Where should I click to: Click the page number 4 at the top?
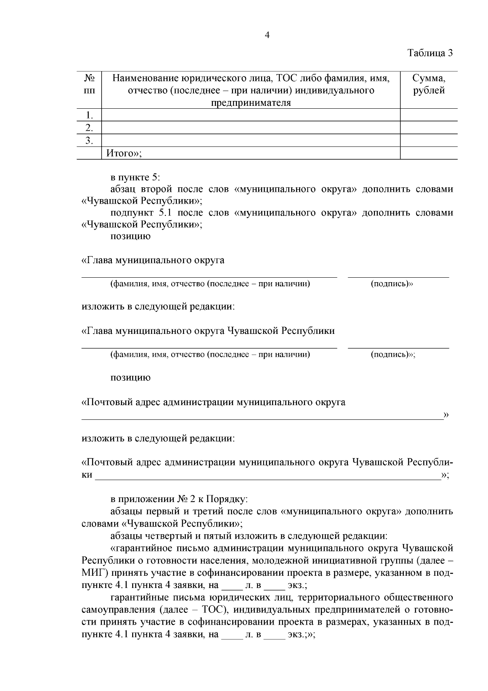(267, 35)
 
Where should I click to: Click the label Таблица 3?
(430, 53)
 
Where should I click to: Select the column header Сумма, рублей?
(429, 84)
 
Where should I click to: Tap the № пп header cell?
(89, 84)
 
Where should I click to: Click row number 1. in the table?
(89, 115)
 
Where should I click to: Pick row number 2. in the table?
(89, 128)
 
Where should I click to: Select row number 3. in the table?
(89, 141)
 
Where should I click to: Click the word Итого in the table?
(120, 154)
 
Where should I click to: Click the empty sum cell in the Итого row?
(429, 153)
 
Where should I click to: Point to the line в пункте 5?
(135, 178)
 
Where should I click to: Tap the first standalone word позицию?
(130, 237)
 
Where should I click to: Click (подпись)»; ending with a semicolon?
(393, 355)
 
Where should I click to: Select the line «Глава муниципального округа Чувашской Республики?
(208, 331)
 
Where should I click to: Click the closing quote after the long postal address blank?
(446, 415)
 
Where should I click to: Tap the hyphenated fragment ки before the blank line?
(87, 475)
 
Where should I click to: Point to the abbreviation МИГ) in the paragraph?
(95, 574)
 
